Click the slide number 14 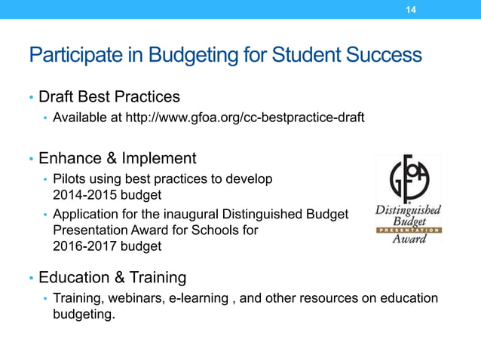pos(411,10)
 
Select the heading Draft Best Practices pos(109,97)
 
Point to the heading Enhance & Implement pos(118,159)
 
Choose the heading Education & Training pos(112,278)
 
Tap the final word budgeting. pos(78,314)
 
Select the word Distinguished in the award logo pos(408,210)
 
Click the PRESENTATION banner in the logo pos(408,230)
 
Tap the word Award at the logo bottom pos(409,239)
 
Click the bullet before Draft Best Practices pos(31,98)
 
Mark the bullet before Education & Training pos(31,279)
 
